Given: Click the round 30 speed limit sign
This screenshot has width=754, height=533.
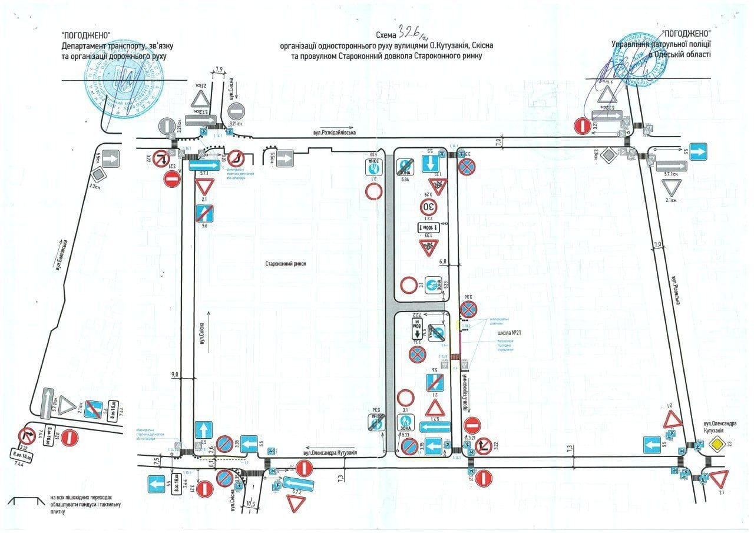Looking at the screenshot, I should [428, 207].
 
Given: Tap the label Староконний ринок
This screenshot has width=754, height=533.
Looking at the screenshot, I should [286, 264].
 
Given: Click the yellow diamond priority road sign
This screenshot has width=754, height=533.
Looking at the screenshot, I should [717, 444].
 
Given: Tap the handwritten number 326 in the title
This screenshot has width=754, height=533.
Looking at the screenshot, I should [410, 32].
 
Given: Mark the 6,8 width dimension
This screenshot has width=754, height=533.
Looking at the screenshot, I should [444, 260].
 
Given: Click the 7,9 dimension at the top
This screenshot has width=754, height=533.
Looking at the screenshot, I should [220, 69].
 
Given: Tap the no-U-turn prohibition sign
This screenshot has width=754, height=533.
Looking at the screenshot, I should [237, 158].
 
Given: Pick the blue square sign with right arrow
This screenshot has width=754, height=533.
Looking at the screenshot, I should [699, 151].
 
